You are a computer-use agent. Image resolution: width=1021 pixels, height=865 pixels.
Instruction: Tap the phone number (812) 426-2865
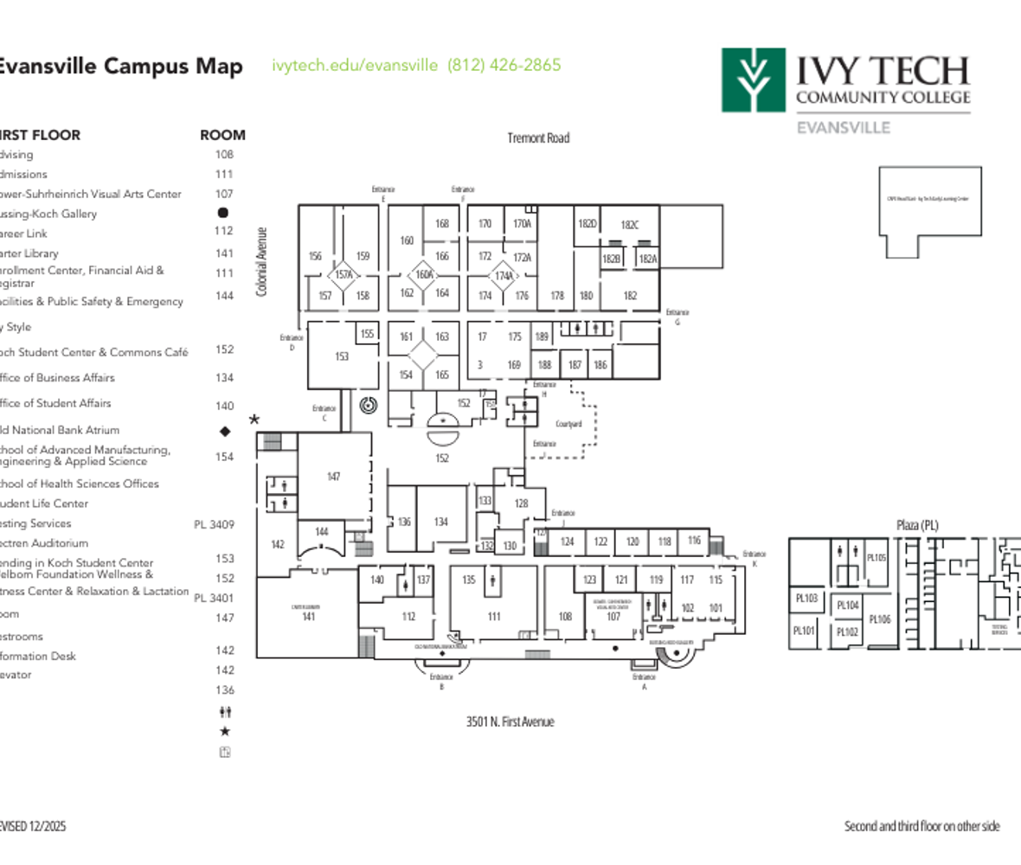504,65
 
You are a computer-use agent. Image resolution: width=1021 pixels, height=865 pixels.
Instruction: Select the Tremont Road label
538,138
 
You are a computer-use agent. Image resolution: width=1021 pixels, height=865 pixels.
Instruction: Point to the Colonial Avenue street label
261,262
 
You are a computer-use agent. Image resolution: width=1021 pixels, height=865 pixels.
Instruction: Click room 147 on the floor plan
333,477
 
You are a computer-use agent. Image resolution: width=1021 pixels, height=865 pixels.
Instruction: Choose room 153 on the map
342,356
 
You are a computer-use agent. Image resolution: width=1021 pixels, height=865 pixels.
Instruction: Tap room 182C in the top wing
629,225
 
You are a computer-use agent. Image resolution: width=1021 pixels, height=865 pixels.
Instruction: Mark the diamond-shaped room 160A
424,274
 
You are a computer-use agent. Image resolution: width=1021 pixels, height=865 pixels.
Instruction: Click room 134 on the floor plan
441,522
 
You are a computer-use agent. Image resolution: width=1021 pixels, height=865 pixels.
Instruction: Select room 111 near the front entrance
494,617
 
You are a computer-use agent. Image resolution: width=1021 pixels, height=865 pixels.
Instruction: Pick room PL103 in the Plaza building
806,598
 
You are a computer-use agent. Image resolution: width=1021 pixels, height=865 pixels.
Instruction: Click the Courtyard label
568,424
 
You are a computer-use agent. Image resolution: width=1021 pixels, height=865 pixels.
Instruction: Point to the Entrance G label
677,317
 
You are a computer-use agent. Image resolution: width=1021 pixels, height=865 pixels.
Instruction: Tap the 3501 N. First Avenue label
510,721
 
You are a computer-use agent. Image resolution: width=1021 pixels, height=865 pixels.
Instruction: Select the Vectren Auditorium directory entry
44,543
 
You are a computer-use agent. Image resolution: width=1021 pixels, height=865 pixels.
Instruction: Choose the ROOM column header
222,135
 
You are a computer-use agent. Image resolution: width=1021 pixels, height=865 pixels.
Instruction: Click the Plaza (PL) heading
916,525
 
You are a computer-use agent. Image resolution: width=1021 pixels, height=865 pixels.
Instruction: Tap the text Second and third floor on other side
921,826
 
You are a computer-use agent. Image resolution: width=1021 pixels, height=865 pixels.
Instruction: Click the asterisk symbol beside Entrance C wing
254,420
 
